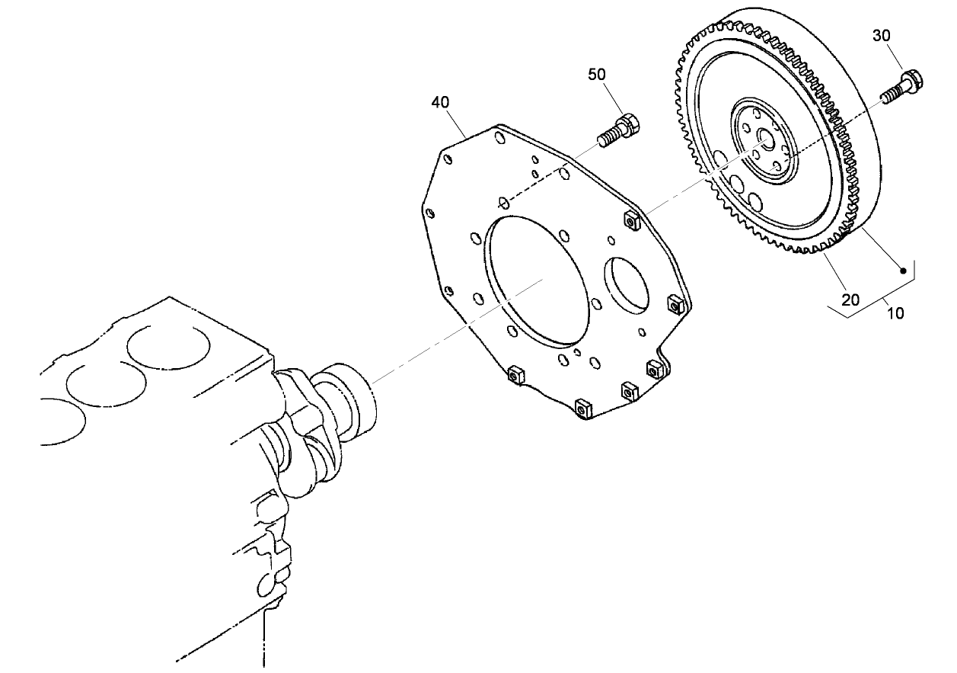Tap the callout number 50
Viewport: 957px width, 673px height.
597,74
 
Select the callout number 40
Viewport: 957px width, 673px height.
441,101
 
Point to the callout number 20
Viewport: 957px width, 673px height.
850,300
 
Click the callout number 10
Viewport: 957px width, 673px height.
896,313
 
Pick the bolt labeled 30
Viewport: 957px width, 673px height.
904,85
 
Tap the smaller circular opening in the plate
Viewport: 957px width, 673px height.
627,286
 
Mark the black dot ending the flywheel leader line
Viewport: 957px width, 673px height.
903,269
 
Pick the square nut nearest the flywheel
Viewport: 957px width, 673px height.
631,221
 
